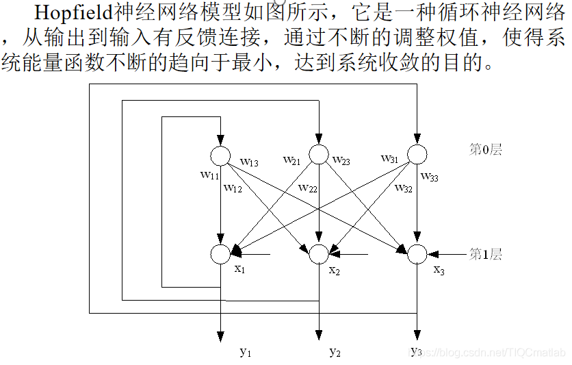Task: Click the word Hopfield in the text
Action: click(x=70, y=14)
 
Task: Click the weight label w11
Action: click(x=209, y=175)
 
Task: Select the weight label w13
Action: click(x=249, y=162)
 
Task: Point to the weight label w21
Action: click(x=292, y=160)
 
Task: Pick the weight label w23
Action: click(x=341, y=161)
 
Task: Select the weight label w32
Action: click(x=403, y=188)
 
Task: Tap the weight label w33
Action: click(x=430, y=177)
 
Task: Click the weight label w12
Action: click(x=234, y=188)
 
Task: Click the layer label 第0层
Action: click(x=485, y=150)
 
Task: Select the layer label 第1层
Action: click(x=485, y=255)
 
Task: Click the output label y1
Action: click(x=246, y=352)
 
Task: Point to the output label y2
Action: click(x=335, y=352)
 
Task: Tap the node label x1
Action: click(x=239, y=269)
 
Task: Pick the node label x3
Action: click(x=439, y=270)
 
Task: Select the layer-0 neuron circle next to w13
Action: click(x=220, y=155)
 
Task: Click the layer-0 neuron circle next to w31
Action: click(x=417, y=153)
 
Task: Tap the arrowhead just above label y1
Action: click(x=220, y=336)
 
